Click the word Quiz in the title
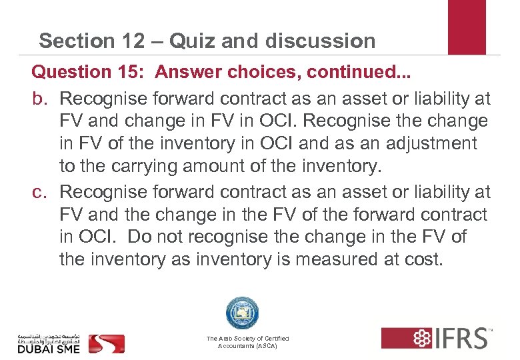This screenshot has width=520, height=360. pyautogui.click(x=189, y=41)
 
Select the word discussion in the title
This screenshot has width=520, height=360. pyautogui.click(x=320, y=41)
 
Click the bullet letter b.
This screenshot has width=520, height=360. pyautogui.click(x=43, y=99)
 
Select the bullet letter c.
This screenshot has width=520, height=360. pyautogui.click(x=42, y=192)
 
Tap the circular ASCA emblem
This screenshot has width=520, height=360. pyautogui.click(x=242, y=313)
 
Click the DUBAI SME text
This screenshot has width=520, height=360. pyautogui.click(x=49, y=348)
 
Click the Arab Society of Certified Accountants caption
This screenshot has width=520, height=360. pyautogui.click(x=247, y=343)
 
